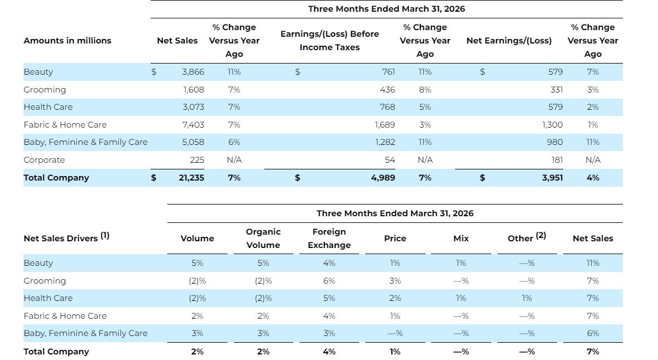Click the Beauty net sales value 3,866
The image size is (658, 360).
(x=193, y=72)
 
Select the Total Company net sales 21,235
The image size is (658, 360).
(x=191, y=177)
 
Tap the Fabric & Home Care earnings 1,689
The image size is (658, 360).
(x=385, y=125)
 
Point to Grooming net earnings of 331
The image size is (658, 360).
(x=557, y=89)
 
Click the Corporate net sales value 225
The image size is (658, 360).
(x=197, y=160)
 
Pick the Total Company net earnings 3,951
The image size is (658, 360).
(x=552, y=177)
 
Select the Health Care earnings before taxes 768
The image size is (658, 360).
(x=388, y=107)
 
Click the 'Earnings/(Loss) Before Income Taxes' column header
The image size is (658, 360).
(x=330, y=41)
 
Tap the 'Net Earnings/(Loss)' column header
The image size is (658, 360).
(x=509, y=41)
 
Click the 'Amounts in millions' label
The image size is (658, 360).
(x=67, y=41)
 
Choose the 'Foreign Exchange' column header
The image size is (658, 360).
(x=330, y=239)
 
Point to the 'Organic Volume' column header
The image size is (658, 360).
(x=263, y=239)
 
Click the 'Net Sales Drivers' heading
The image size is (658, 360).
(x=66, y=237)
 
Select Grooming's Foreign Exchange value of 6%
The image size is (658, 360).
(x=330, y=281)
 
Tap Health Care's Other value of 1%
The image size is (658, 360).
(x=527, y=298)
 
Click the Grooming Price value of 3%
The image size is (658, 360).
(x=395, y=281)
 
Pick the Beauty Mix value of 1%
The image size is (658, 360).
(x=461, y=263)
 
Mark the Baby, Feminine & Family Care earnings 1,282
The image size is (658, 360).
(x=385, y=142)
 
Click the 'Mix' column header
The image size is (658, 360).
(x=461, y=239)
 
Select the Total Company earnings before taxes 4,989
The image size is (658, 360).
(x=383, y=177)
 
